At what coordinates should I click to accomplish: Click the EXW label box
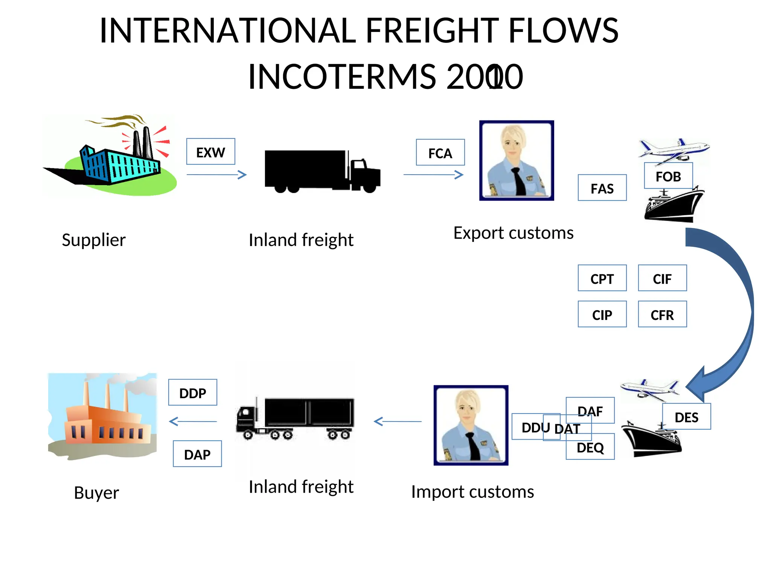click(210, 152)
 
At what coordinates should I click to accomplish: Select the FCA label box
click(440, 152)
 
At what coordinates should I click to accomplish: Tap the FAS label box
click(602, 188)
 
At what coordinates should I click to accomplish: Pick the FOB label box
click(668, 176)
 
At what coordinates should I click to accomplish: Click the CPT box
click(602, 278)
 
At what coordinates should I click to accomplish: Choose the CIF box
click(662, 278)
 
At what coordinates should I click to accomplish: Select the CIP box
click(602, 314)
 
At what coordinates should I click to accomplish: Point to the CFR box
click(662, 314)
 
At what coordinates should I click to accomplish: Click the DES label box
click(686, 417)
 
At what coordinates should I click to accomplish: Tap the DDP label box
click(192, 392)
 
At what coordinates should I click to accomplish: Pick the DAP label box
click(197, 454)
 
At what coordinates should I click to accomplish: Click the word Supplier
click(93, 240)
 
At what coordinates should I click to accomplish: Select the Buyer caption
click(96, 493)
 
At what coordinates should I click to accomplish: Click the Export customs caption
click(513, 233)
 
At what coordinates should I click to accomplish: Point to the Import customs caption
click(472, 492)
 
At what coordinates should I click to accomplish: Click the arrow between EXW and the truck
click(216, 175)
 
